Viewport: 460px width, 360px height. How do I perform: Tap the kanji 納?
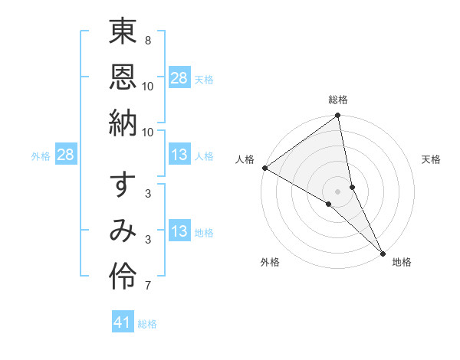[x=123, y=123]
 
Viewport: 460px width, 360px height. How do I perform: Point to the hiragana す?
[x=123, y=185]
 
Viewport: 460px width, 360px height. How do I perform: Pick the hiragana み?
[x=123, y=231]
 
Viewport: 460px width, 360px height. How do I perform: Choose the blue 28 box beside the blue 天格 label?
[x=179, y=77]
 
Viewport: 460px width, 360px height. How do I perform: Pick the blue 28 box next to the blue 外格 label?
[x=66, y=155]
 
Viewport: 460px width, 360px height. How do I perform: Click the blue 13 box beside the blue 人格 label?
[x=179, y=155]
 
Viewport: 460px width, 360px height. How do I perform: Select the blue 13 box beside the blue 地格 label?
[x=179, y=231]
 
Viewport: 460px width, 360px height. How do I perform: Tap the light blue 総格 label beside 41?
[x=147, y=324]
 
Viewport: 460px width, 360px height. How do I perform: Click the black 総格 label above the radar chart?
[x=338, y=100]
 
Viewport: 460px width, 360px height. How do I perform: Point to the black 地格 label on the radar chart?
[x=402, y=263]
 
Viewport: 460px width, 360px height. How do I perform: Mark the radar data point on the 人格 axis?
[x=264, y=168]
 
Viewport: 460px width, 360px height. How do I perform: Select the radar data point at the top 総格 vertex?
[x=338, y=116]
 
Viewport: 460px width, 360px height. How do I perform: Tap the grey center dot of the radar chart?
[x=338, y=191]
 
